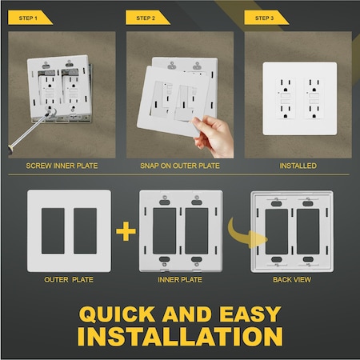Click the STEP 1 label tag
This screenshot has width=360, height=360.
30,17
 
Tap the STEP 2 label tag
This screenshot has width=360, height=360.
146,17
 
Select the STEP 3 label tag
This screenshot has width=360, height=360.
265,17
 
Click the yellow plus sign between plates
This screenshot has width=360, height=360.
124,232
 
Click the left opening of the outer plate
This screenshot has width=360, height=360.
50,231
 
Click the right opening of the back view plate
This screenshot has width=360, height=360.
307,230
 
